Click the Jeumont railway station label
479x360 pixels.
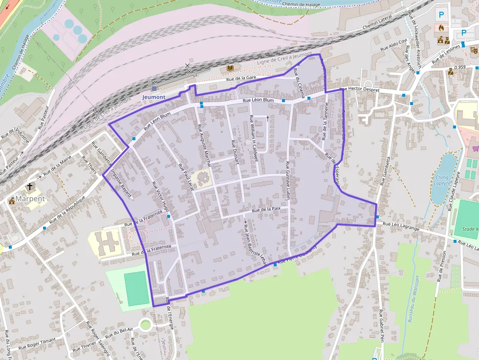click(x=153, y=97)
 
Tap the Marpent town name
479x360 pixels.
click(x=30, y=199)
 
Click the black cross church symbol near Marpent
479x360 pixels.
click(x=30, y=187)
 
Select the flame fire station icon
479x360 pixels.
click(x=442, y=28)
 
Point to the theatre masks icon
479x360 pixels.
click(x=473, y=49)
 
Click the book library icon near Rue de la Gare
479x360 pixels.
click(x=230, y=68)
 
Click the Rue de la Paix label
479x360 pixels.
click(x=266, y=209)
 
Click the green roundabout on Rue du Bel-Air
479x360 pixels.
click(x=145, y=324)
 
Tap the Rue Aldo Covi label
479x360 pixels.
click(x=394, y=45)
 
